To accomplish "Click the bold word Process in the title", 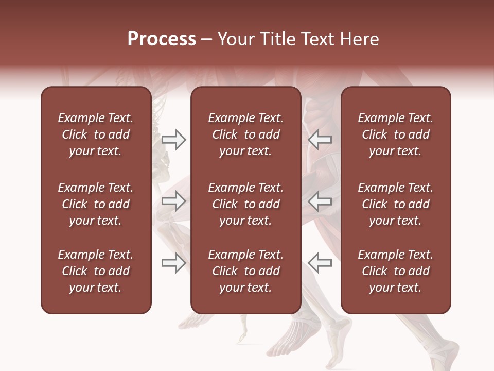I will click(162, 39).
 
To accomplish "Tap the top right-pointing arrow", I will click(173, 139).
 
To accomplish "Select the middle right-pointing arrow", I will click(173, 201).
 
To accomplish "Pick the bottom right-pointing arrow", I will click(173, 262).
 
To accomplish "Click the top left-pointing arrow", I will click(320, 139).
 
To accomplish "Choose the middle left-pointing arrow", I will click(320, 201).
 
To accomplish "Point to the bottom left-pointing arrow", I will click(320, 262).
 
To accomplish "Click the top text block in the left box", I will click(96, 134).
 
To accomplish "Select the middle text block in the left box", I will click(96, 204).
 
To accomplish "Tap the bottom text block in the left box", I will click(96, 271).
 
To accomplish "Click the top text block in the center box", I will click(245, 134).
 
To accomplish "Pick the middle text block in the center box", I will click(245, 204).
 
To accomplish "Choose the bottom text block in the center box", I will click(245, 271).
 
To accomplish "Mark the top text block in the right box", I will click(396, 134).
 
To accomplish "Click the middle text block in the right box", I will click(396, 204).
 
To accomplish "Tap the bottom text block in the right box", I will click(396, 271).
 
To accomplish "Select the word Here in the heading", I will click(359, 39).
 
